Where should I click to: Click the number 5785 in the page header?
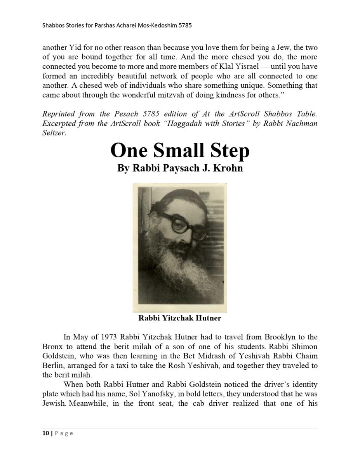[184, 26]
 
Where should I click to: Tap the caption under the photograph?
[180, 318]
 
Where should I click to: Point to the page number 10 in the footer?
[45, 433]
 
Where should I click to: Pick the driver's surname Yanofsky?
[175, 394]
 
